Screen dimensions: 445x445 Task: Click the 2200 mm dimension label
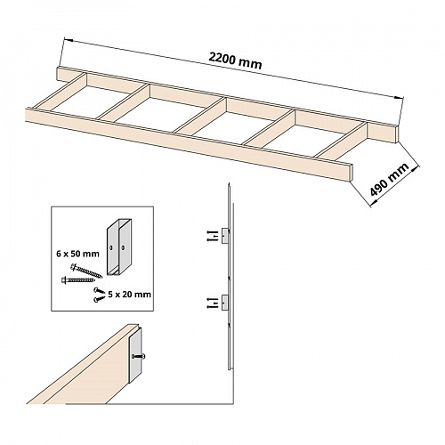235,61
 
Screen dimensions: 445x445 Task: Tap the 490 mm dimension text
389,180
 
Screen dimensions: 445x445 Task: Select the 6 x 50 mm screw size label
77,254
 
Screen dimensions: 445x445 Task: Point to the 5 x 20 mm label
129,295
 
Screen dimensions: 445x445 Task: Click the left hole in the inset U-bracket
111,247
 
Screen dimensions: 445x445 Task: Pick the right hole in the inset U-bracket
123,247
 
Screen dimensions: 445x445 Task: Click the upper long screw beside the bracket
86,271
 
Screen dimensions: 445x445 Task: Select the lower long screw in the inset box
78,279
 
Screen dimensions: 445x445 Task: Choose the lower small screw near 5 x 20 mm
100,298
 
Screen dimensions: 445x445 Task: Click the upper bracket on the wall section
225,236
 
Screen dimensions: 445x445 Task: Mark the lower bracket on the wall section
225,303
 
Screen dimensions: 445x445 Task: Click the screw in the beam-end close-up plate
139,356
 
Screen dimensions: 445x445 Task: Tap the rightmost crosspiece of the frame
341,141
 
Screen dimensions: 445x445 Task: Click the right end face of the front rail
352,173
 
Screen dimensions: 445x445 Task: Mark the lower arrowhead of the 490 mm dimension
373,202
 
